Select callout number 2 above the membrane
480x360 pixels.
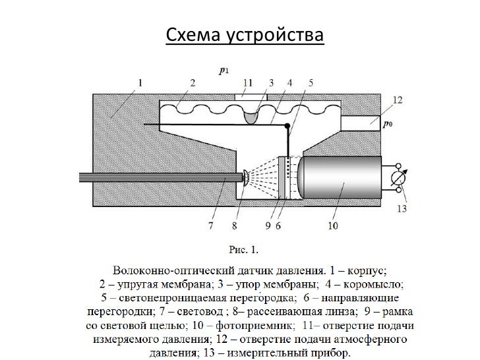[x=193, y=82]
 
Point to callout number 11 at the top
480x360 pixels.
[x=247, y=82]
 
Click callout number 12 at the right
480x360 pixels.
[x=396, y=100]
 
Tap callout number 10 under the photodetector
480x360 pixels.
[x=332, y=226]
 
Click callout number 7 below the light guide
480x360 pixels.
[x=210, y=226]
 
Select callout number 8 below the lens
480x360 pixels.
[x=234, y=226]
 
